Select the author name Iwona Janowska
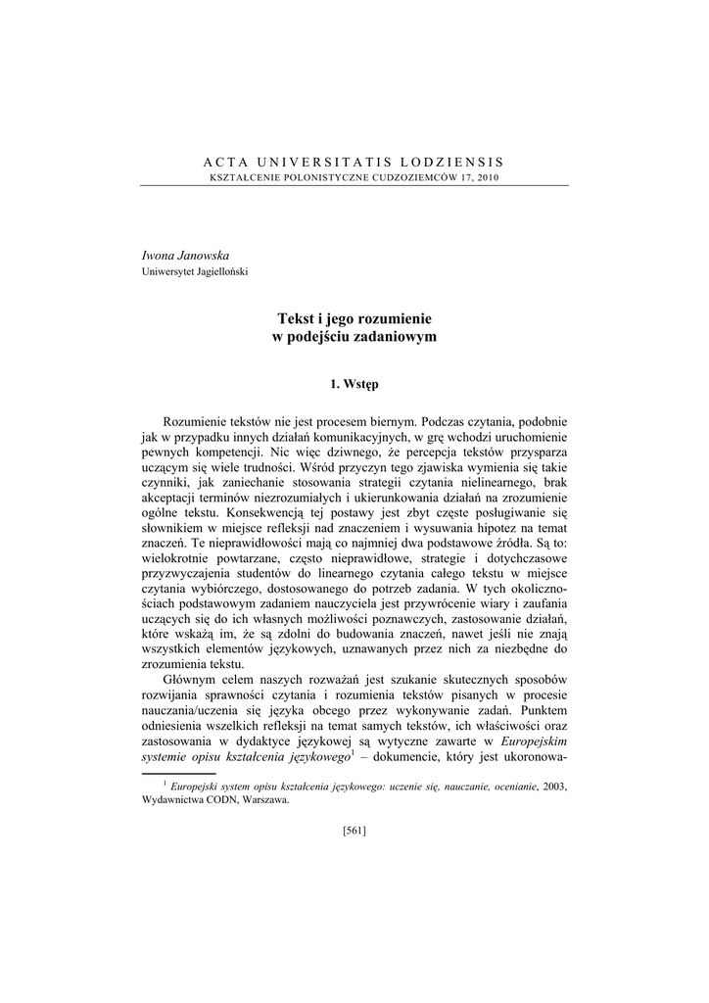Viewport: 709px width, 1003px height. click(186, 255)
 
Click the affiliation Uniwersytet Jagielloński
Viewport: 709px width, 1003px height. click(195, 271)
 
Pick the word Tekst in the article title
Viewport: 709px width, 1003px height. click(298, 318)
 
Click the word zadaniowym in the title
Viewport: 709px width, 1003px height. click(398, 336)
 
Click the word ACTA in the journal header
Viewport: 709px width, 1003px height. click(224, 161)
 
